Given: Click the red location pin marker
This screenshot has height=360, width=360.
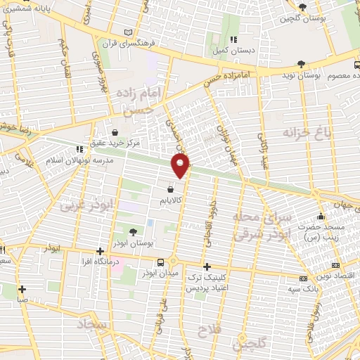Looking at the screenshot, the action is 181,166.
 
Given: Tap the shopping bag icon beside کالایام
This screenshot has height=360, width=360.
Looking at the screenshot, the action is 171,189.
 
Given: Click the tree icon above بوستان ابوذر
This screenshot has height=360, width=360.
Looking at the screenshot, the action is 134,231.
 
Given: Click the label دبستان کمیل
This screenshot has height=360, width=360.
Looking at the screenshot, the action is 234,50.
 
